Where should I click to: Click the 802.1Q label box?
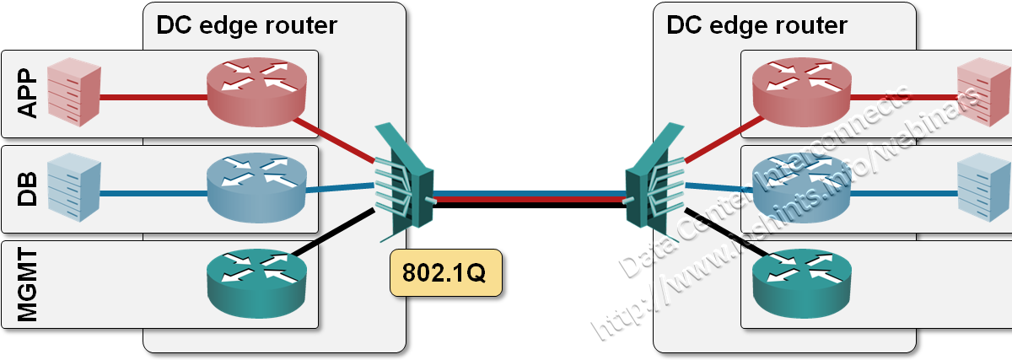(x=445, y=272)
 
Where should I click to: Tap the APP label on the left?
(x=29, y=94)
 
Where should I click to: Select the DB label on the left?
(x=29, y=190)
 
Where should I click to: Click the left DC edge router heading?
(x=246, y=25)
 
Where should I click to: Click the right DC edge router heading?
(x=756, y=25)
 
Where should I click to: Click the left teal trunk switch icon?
(x=404, y=182)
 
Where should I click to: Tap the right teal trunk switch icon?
(x=647, y=182)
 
